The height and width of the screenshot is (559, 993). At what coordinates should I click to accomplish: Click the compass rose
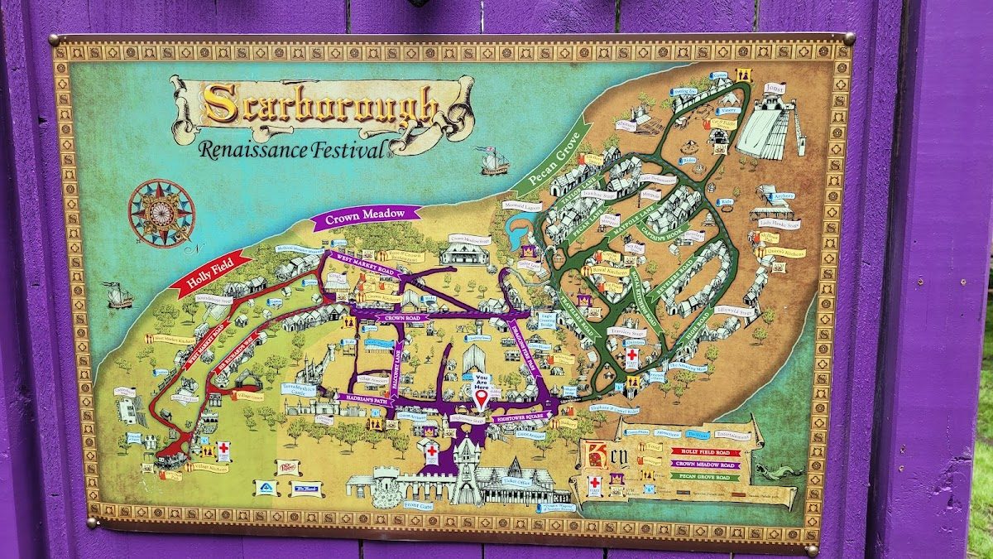[x=161, y=213]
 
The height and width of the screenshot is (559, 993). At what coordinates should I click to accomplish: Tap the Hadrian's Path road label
[x=362, y=398]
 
